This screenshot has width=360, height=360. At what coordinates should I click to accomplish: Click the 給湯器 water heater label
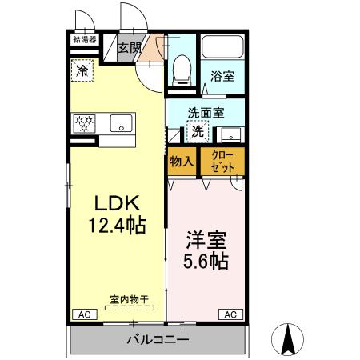pos(84,38)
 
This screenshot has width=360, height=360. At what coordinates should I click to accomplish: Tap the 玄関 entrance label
pos(129,48)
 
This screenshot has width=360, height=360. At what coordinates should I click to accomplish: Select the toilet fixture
pos(181,70)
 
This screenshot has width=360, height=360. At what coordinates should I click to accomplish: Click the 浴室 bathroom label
pos(222,76)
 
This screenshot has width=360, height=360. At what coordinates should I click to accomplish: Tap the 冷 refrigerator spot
pos(82,70)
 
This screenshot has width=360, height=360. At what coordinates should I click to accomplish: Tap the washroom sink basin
pos(230,134)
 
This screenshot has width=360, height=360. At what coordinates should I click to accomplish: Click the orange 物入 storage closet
pos(182,161)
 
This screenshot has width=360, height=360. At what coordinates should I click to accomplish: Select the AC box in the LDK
pos(83,314)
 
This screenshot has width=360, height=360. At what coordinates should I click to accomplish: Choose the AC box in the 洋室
pos(229,314)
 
